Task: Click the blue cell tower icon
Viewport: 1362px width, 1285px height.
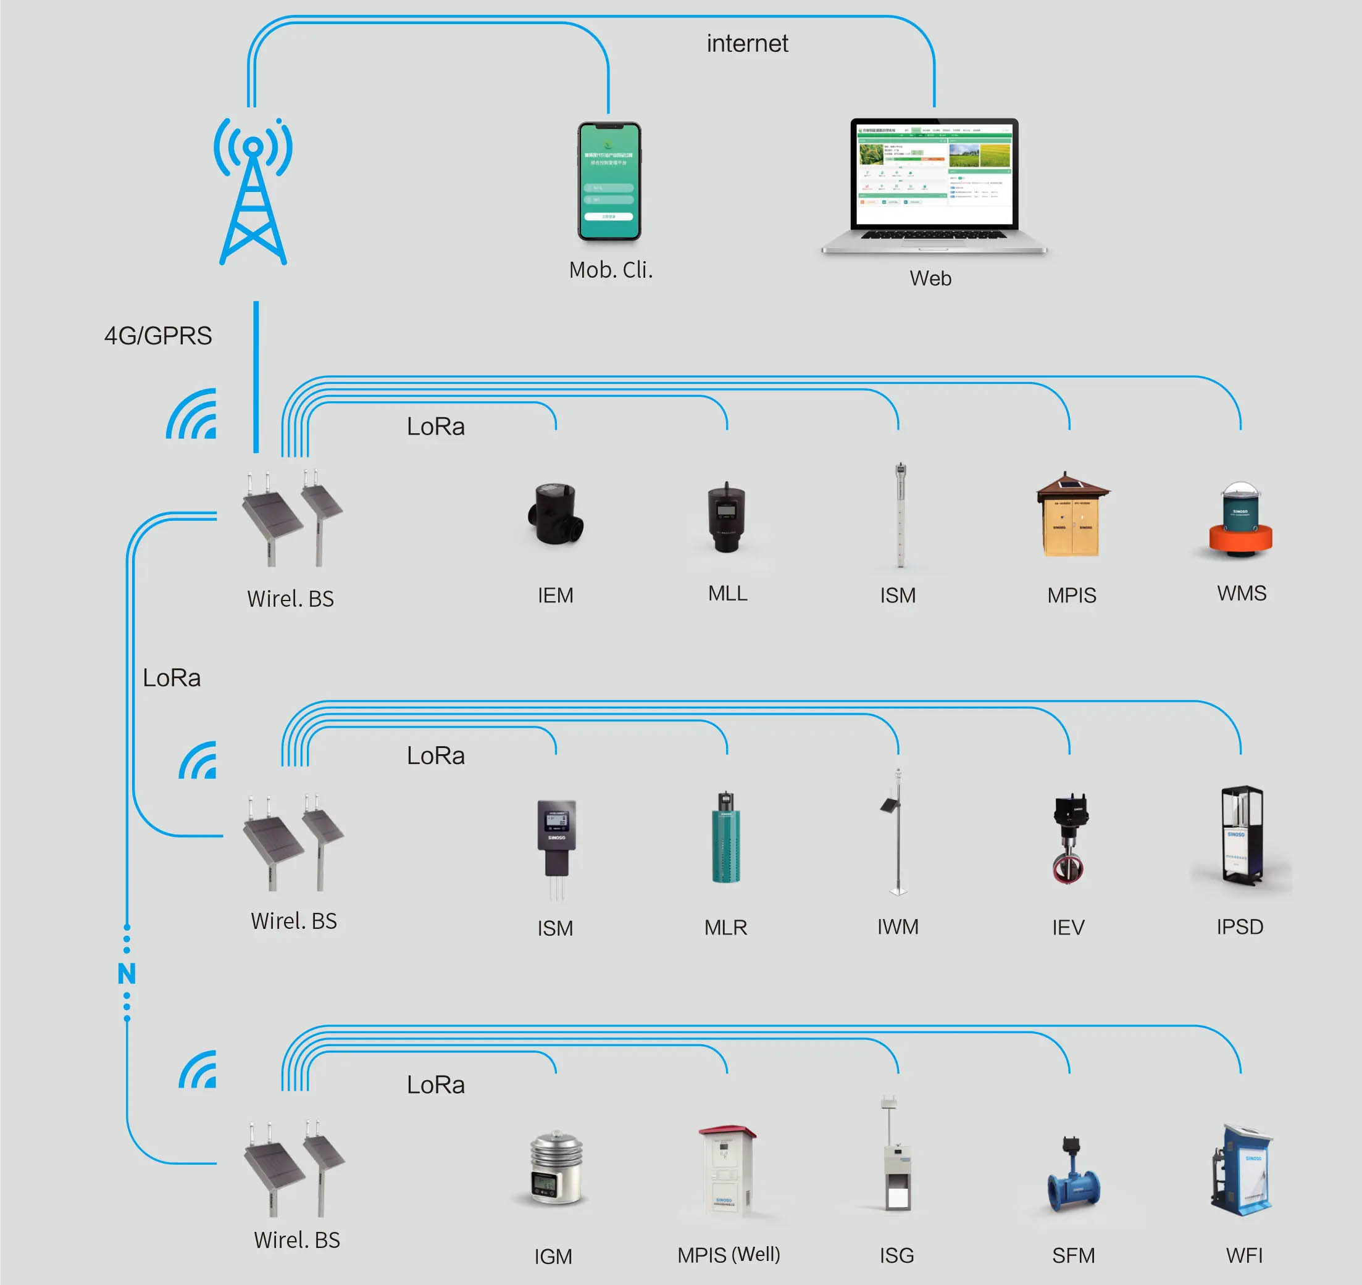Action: click(x=253, y=192)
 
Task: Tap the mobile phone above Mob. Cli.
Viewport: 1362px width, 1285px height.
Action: click(x=609, y=181)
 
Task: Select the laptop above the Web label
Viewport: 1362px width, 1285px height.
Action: click(x=934, y=185)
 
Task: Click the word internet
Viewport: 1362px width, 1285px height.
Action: click(x=747, y=44)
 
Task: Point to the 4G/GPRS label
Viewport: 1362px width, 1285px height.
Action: click(x=157, y=336)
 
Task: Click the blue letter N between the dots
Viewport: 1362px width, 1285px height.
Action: click(x=127, y=973)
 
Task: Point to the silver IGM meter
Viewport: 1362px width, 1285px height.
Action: click(x=556, y=1168)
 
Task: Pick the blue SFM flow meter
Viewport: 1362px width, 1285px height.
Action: click(x=1074, y=1175)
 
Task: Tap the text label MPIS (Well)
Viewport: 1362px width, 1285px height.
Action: click(x=729, y=1254)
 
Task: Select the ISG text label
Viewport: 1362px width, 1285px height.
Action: click(x=896, y=1255)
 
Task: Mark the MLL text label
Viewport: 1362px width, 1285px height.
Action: click(x=727, y=593)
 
